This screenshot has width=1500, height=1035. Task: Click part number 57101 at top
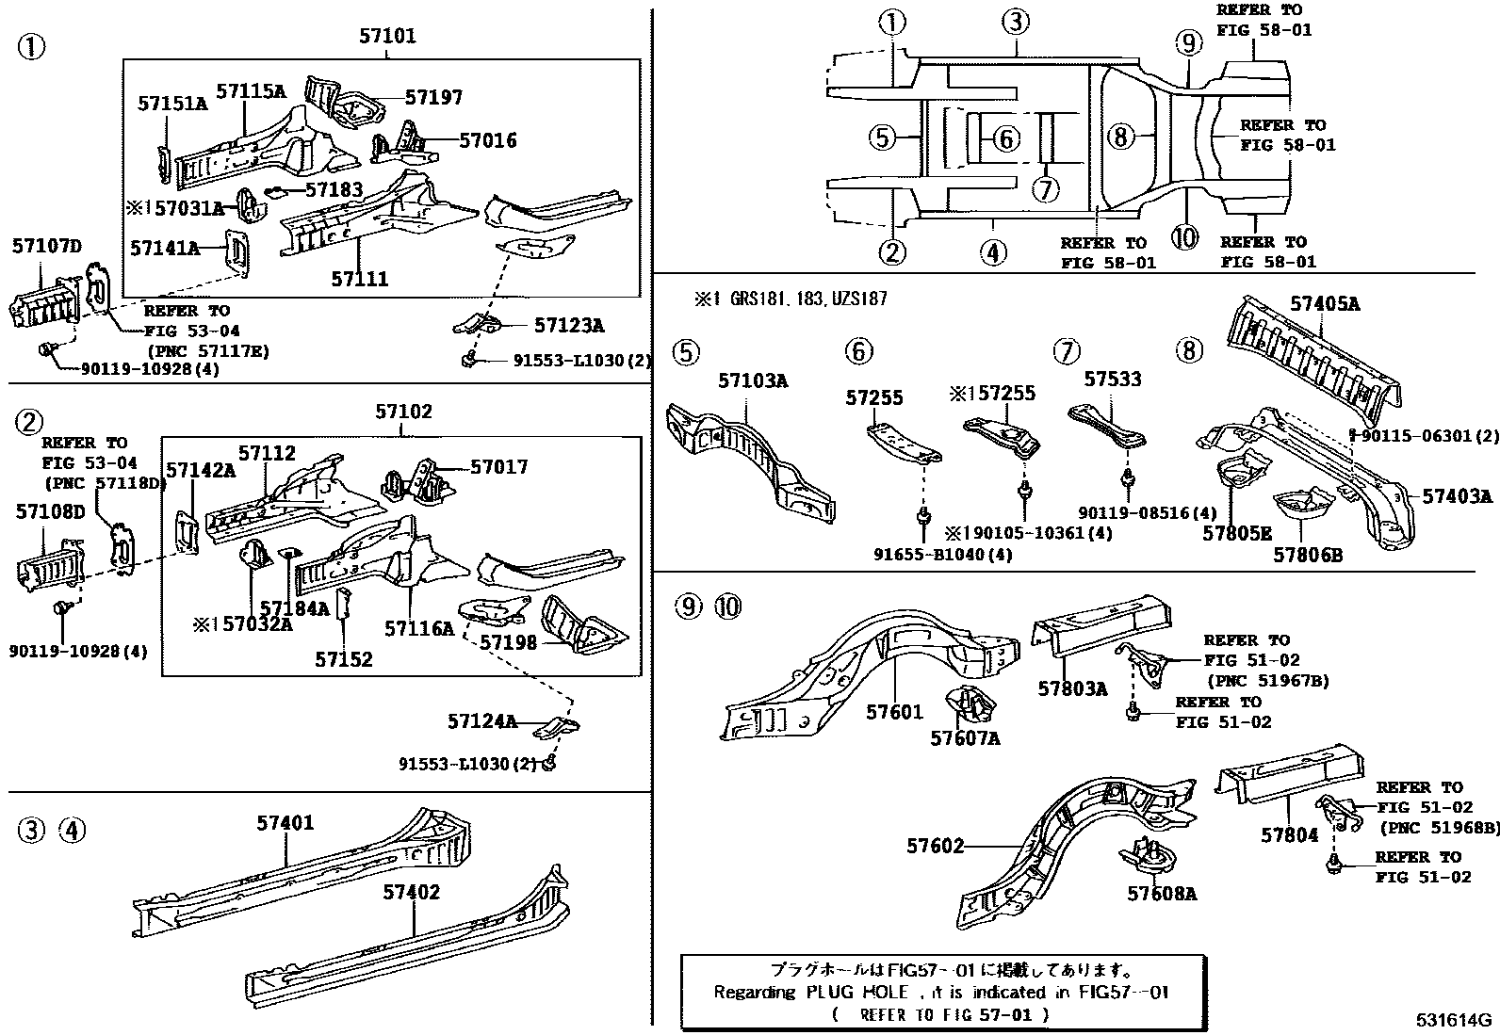coord(386,37)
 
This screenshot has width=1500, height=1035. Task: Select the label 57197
coord(433,97)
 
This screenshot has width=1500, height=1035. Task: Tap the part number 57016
coord(488,140)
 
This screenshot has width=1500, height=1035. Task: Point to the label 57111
coord(359,279)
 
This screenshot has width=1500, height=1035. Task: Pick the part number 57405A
coord(1325,304)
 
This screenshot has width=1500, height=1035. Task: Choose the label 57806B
coord(1308,555)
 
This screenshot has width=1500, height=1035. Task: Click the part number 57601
coord(895,713)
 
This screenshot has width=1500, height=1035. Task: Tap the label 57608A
coord(1162,894)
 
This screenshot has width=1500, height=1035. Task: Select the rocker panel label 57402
coord(412,891)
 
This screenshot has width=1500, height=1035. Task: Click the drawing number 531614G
coord(1453,1020)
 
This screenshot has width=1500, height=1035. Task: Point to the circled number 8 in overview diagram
coord(1118,137)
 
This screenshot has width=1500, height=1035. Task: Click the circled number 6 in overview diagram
coord(1006,139)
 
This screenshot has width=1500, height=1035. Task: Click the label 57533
coord(1112,379)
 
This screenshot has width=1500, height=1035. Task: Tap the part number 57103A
coord(753,380)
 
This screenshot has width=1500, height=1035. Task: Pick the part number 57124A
coord(482,721)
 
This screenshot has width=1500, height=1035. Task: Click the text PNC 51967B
coord(1267,680)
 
